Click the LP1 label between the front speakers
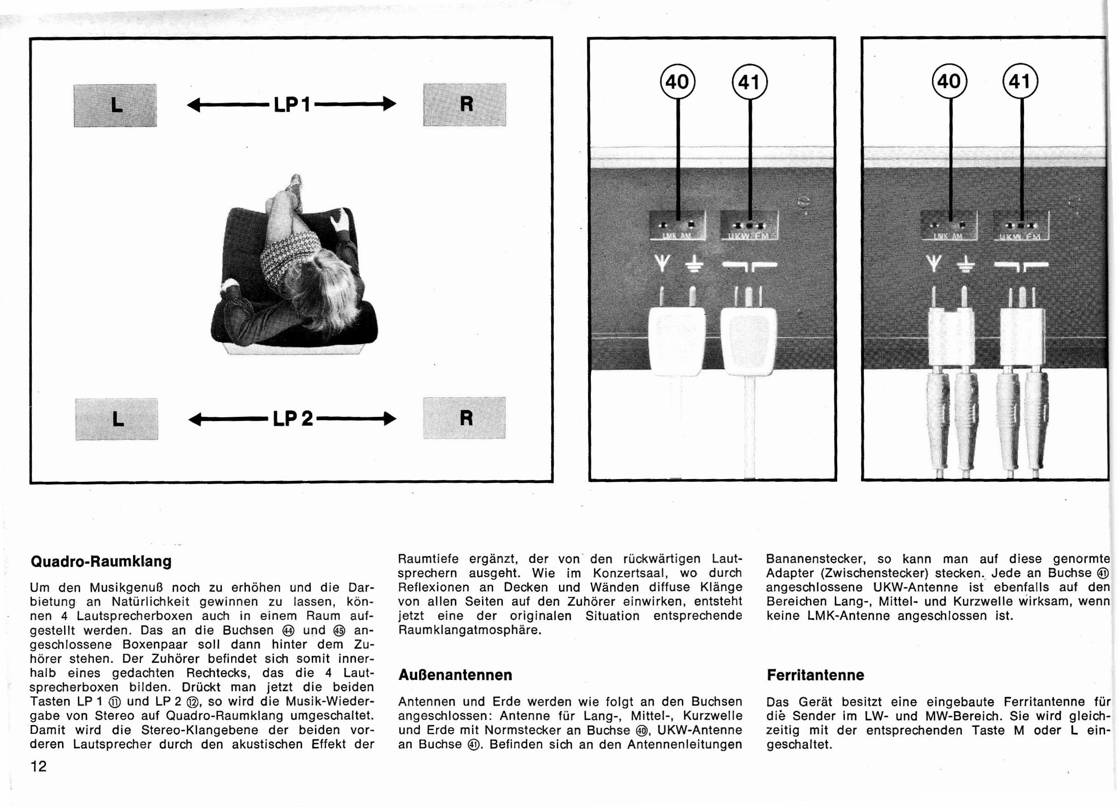292,105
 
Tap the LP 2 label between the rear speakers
293,419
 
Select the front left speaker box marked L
115,105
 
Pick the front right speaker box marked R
464,105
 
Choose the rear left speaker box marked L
116,419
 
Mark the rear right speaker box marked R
464,417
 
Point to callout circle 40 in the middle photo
678,82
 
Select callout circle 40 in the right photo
949,81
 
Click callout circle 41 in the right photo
1021,81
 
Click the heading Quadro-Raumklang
101,561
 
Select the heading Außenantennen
455,675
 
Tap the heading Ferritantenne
815,675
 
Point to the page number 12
38,766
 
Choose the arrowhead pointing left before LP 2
196,419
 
